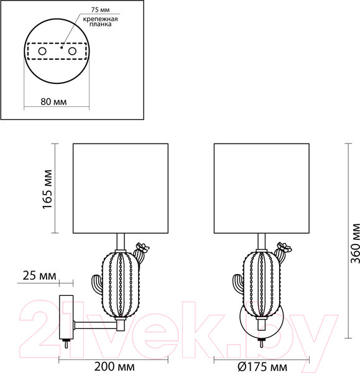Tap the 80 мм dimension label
pos(53,101)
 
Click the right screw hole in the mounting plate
pos(72,50)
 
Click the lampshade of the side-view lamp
pos(121,188)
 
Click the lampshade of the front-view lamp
pos(261,188)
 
